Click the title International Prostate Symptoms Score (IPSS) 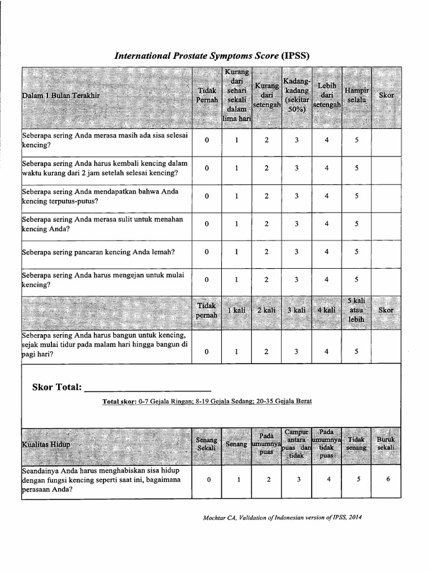pos(212,55)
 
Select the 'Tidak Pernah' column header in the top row pos(207,95)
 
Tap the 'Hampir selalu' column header pos(356,95)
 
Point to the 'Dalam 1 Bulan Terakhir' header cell pos(61,96)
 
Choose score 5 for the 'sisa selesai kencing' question pos(356,140)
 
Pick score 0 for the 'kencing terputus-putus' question pos(207,196)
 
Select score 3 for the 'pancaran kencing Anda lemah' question pos(297,252)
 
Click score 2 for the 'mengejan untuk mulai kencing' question pos(266,280)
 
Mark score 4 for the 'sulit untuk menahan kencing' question pos(327,224)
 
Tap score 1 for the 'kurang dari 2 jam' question pos(237,168)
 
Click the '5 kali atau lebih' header pos(356,309)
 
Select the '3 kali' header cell pos(297,310)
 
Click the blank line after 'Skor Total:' pos(148,388)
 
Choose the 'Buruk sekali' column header pos(385,444)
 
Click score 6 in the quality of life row pos(386,479)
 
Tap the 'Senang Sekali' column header pos(207,444)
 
